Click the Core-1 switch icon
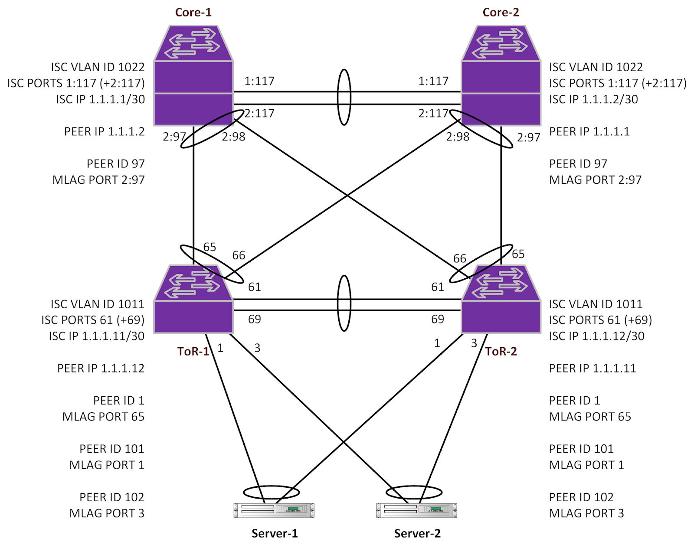(193, 76)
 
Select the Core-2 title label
(501, 12)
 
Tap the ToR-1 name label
(193, 351)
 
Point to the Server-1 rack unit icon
(274, 510)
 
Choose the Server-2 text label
(417, 533)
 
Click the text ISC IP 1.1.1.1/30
(100, 99)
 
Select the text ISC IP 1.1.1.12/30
(596, 336)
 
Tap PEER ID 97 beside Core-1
(115, 164)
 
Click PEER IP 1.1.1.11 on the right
(592, 369)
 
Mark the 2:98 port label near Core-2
(458, 137)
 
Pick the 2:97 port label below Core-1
(174, 137)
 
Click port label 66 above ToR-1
(239, 255)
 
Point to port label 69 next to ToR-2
(437, 320)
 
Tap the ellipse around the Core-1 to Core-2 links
(344, 98)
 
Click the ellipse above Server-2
(414, 492)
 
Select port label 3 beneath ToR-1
(257, 348)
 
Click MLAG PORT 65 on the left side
(103, 417)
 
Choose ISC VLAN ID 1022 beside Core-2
(596, 67)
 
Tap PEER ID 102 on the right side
(581, 497)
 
